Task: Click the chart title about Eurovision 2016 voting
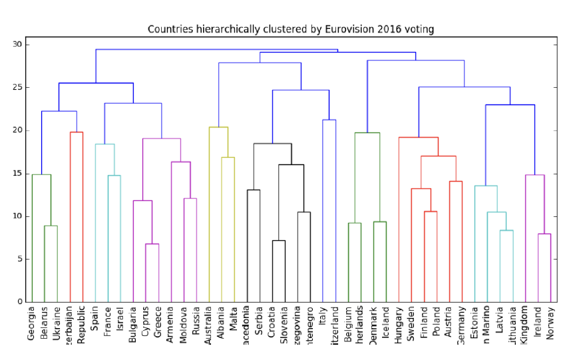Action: tap(291, 29)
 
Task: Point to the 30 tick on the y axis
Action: tap(18, 45)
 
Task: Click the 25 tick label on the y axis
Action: tap(18, 88)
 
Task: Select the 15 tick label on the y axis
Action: tap(18, 174)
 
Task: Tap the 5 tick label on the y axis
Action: tap(21, 260)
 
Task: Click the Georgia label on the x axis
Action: tap(31, 323)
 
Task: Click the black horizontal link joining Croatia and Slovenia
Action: tap(278, 241)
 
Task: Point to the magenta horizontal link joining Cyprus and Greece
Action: tap(152, 244)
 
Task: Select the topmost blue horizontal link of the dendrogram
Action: tap(216, 50)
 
